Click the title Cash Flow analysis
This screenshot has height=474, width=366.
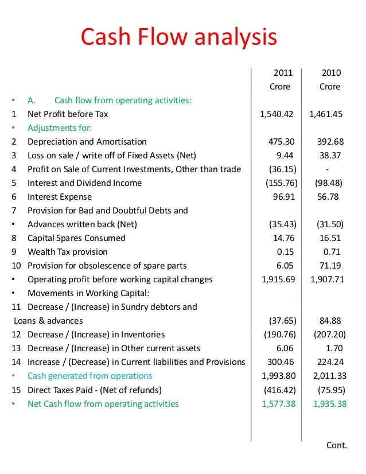178,38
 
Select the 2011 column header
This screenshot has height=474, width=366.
282,73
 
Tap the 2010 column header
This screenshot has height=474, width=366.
331,73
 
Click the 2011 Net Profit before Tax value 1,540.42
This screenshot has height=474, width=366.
277,114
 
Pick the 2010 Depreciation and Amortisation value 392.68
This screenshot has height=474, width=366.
330,142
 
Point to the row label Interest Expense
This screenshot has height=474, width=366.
60,197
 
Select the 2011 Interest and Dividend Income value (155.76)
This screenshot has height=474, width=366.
280,183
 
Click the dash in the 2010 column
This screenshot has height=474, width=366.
326,169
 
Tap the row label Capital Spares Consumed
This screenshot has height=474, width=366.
76,238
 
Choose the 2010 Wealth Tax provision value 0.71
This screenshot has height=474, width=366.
332,252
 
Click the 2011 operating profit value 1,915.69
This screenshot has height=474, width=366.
277,279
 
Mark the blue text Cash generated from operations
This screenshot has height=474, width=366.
90,376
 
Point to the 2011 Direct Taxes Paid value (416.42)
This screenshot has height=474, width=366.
280,390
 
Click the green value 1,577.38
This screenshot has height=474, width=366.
277,404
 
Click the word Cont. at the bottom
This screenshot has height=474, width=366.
336,445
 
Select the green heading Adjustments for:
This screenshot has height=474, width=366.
60,128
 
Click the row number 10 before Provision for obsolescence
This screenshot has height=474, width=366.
16,266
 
